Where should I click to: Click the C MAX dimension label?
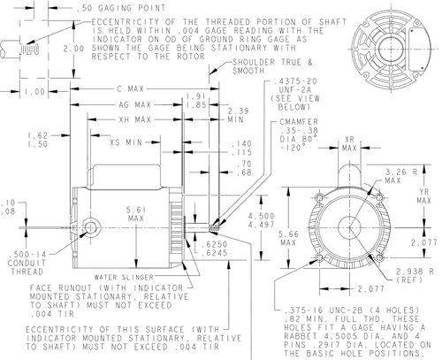130,88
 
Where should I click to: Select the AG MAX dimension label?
134,104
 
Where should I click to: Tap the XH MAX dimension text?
134,119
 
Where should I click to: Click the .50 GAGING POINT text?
121,8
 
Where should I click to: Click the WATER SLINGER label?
124,277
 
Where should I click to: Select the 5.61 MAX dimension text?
136,214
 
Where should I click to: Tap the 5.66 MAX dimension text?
288,239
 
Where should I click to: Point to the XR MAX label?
349,143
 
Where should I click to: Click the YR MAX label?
423,196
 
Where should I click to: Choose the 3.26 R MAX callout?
401,176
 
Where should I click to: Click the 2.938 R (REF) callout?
415,275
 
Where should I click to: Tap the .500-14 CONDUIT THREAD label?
27,263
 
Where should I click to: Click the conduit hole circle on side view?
90,227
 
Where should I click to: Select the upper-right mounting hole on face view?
380,197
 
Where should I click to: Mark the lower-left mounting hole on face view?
319,258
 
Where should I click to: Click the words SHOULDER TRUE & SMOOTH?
272,66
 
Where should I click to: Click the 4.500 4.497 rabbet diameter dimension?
261,220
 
